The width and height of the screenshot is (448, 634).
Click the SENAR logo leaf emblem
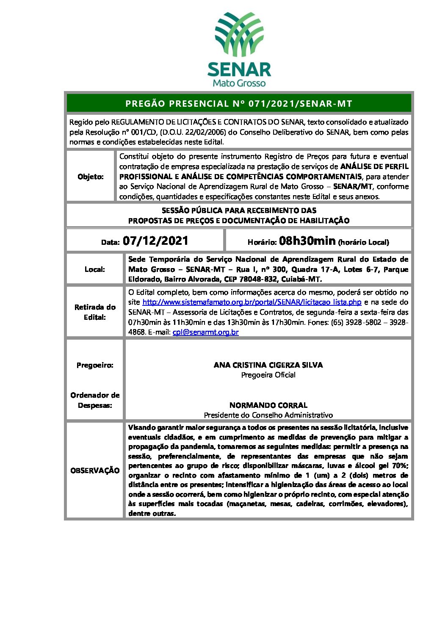[x=239, y=34]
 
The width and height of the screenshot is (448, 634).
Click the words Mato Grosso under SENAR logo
[x=239, y=83]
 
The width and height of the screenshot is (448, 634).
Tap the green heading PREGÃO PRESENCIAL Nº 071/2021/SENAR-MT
[x=239, y=104]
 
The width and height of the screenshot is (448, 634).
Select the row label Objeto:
[x=91, y=177]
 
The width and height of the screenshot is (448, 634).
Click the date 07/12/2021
[x=155, y=241]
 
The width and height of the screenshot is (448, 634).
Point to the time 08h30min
[x=307, y=241]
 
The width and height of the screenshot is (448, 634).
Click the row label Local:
[x=95, y=269]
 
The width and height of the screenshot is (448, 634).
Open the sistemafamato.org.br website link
[x=252, y=302]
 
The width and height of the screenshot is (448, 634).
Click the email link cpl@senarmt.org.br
[x=205, y=332]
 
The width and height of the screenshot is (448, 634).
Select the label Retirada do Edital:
[x=95, y=312]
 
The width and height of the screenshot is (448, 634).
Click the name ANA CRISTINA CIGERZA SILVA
[x=268, y=365]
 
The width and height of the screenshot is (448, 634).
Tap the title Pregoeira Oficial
[x=268, y=375]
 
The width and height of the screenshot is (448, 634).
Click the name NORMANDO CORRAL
[x=268, y=405]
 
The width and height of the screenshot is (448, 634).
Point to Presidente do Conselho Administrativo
[x=268, y=415]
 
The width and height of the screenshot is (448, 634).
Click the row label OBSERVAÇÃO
[x=95, y=471]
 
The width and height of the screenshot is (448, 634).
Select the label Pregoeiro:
[x=95, y=365]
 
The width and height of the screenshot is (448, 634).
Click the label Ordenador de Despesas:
[x=95, y=400]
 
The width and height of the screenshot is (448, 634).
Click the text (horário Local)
[x=363, y=242]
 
